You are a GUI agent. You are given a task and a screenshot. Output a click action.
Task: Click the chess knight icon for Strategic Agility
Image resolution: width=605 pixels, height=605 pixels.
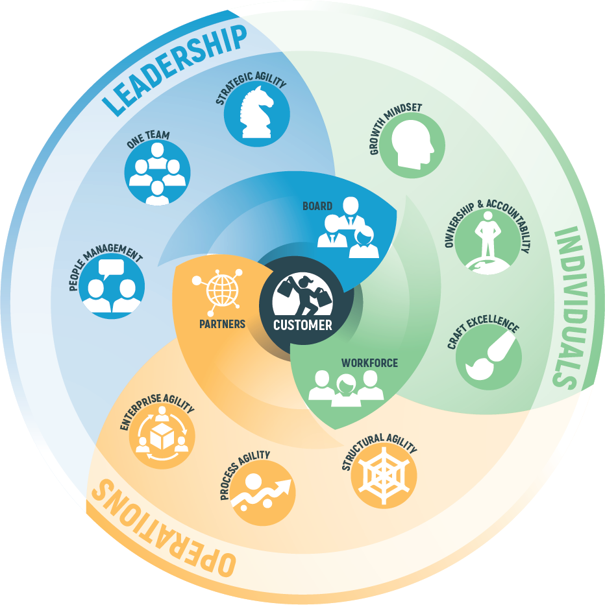pos(256,113)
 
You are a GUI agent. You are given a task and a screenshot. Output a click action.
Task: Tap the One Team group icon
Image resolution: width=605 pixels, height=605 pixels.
pos(157,172)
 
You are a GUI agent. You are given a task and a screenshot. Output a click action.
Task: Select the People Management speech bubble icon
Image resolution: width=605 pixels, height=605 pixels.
pos(112,286)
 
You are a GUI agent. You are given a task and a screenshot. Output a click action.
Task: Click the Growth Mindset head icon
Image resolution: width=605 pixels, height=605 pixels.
pos(412,145)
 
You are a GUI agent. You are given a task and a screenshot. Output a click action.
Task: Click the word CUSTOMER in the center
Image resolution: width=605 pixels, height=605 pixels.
pos(302,325)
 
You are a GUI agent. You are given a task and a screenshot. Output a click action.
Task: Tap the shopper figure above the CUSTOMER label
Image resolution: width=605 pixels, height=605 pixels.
pos(301,296)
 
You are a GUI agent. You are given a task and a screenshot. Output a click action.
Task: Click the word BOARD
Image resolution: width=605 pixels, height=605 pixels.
pos(317,206)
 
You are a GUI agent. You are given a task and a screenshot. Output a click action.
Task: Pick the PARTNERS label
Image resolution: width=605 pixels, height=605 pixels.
pos(223,323)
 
